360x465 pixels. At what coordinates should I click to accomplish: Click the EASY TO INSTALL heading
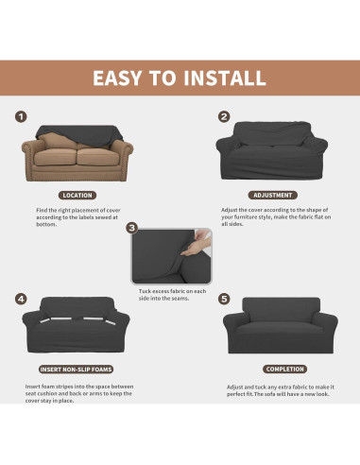coord(180,77)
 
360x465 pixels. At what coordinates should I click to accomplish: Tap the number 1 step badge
coord(20,117)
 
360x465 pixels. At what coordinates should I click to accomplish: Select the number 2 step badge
coord(224,117)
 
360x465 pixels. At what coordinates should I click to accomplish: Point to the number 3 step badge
coord(131,228)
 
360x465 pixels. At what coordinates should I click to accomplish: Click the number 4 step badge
coord(20,299)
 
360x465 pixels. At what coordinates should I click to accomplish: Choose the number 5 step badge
coord(224,299)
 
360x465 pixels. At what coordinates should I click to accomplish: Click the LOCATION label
coord(77,195)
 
